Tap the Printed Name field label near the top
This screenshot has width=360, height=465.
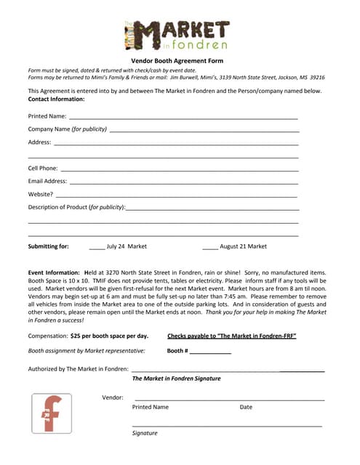[47, 116]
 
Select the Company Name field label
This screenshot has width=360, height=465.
[68, 129]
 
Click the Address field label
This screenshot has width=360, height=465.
[39, 142]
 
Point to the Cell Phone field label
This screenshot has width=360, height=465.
[43, 168]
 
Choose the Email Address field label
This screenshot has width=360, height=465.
[47, 181]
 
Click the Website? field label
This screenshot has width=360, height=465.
[41, 194]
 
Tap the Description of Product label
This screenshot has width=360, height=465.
[76, 207]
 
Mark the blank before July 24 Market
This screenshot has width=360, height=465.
[97, 248]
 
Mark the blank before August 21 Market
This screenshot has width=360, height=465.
[209, 248]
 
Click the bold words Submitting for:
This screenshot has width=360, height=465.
[48, 246]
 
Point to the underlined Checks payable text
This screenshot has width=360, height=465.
[231, 336]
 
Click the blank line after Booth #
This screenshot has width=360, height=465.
[210, 352]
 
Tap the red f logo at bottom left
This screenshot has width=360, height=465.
[52, 413]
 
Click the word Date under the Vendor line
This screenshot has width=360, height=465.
[246, 408]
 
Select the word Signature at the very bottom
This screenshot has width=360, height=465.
[145, 433]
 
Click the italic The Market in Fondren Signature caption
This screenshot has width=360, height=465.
[176, 379]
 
